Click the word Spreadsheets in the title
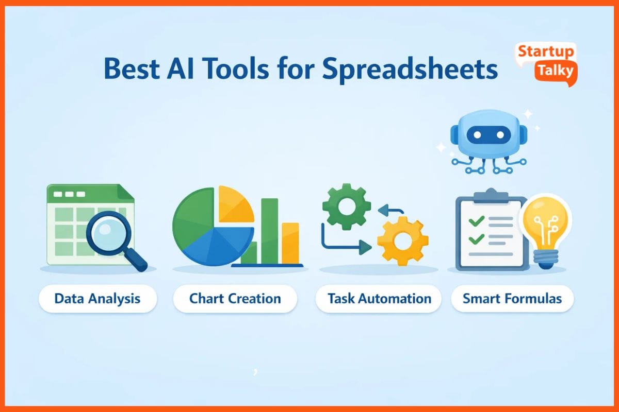click(411, 70)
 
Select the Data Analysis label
click(97, 299)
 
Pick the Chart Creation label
click(235, 299)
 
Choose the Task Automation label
click(379, 299)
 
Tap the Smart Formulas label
click(512, 299)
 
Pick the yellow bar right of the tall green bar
click(290, 243)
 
